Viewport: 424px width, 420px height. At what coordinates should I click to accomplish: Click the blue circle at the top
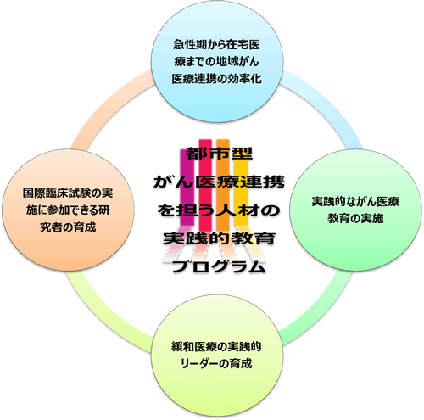click(x=217, y=62)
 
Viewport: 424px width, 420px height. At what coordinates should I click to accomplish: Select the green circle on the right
click(x=355, y=210)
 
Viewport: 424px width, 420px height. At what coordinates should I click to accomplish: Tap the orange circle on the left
click(x=68, y=210)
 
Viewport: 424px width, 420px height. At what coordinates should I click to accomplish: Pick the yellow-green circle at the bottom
click(x=217, y=356)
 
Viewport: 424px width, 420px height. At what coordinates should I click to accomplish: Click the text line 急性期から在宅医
click(x=216, y=45)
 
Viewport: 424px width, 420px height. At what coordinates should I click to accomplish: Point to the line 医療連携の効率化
click(x=216, y=79)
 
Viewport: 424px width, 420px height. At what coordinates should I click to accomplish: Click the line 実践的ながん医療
click(x=355, y=201)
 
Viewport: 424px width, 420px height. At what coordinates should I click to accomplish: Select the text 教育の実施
click(x=355, y=218)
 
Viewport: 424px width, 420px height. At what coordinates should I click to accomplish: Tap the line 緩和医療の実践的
click(x=216, y=347)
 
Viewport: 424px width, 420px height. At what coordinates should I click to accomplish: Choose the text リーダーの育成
click(x=216, y=364)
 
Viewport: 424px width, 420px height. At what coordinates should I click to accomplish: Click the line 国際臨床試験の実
click(x=68, y=193)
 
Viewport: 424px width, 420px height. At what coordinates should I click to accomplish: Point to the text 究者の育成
click(x=68, y=227)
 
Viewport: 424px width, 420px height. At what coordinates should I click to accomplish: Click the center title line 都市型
click(x=219, y=154)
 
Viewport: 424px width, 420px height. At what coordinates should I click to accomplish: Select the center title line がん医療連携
click(x=219, y=182)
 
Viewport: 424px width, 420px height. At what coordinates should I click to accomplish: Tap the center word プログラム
click(x=219, y=266)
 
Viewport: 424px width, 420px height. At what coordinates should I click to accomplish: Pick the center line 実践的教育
click(x=219, y=238)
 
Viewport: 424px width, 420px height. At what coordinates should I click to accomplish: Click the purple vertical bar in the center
click(x=187, y=187)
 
